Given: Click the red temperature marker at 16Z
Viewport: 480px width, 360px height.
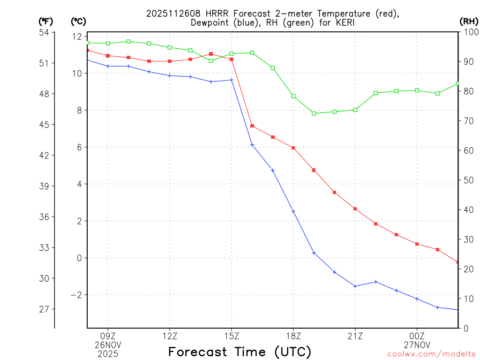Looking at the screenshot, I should pyautogui.click(x=252, y=126).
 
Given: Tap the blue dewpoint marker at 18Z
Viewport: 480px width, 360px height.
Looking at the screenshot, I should pyautogui.click(x=293, y=211).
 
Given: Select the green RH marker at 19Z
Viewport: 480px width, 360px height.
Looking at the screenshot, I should pyautogui.click(x=314, y=113).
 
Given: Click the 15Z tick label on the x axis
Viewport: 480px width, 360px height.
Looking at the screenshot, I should pyautogui.click(x=232, y=336).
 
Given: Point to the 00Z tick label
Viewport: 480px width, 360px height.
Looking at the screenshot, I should pyautogui.click(x=417, y=336).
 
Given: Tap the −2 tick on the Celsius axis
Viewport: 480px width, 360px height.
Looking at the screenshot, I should pyautogui.click(x=76, y=295).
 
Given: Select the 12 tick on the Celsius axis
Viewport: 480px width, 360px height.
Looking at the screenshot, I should pyautogui.click(x=77, y=37).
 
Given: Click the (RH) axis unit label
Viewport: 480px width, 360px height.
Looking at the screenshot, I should pyautogui.click(x=468, y=21).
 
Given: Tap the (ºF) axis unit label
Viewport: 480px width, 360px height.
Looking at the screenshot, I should pyautogui.click(x=46, y=21).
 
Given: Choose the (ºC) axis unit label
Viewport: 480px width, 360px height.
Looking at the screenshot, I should pyautogui.click(x=78, y=21).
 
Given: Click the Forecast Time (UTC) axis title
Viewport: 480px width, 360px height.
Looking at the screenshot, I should pyautogui.click(x=240, y=352).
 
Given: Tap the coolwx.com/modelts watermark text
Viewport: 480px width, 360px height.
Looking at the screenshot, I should pyautogui.click(x=431, y=354).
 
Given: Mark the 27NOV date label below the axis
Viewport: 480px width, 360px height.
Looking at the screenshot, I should pyautogui.click(x=417, y=345).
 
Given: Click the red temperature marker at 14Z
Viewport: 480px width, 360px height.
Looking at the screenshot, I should pyautogui.click(x=211, y=54).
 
